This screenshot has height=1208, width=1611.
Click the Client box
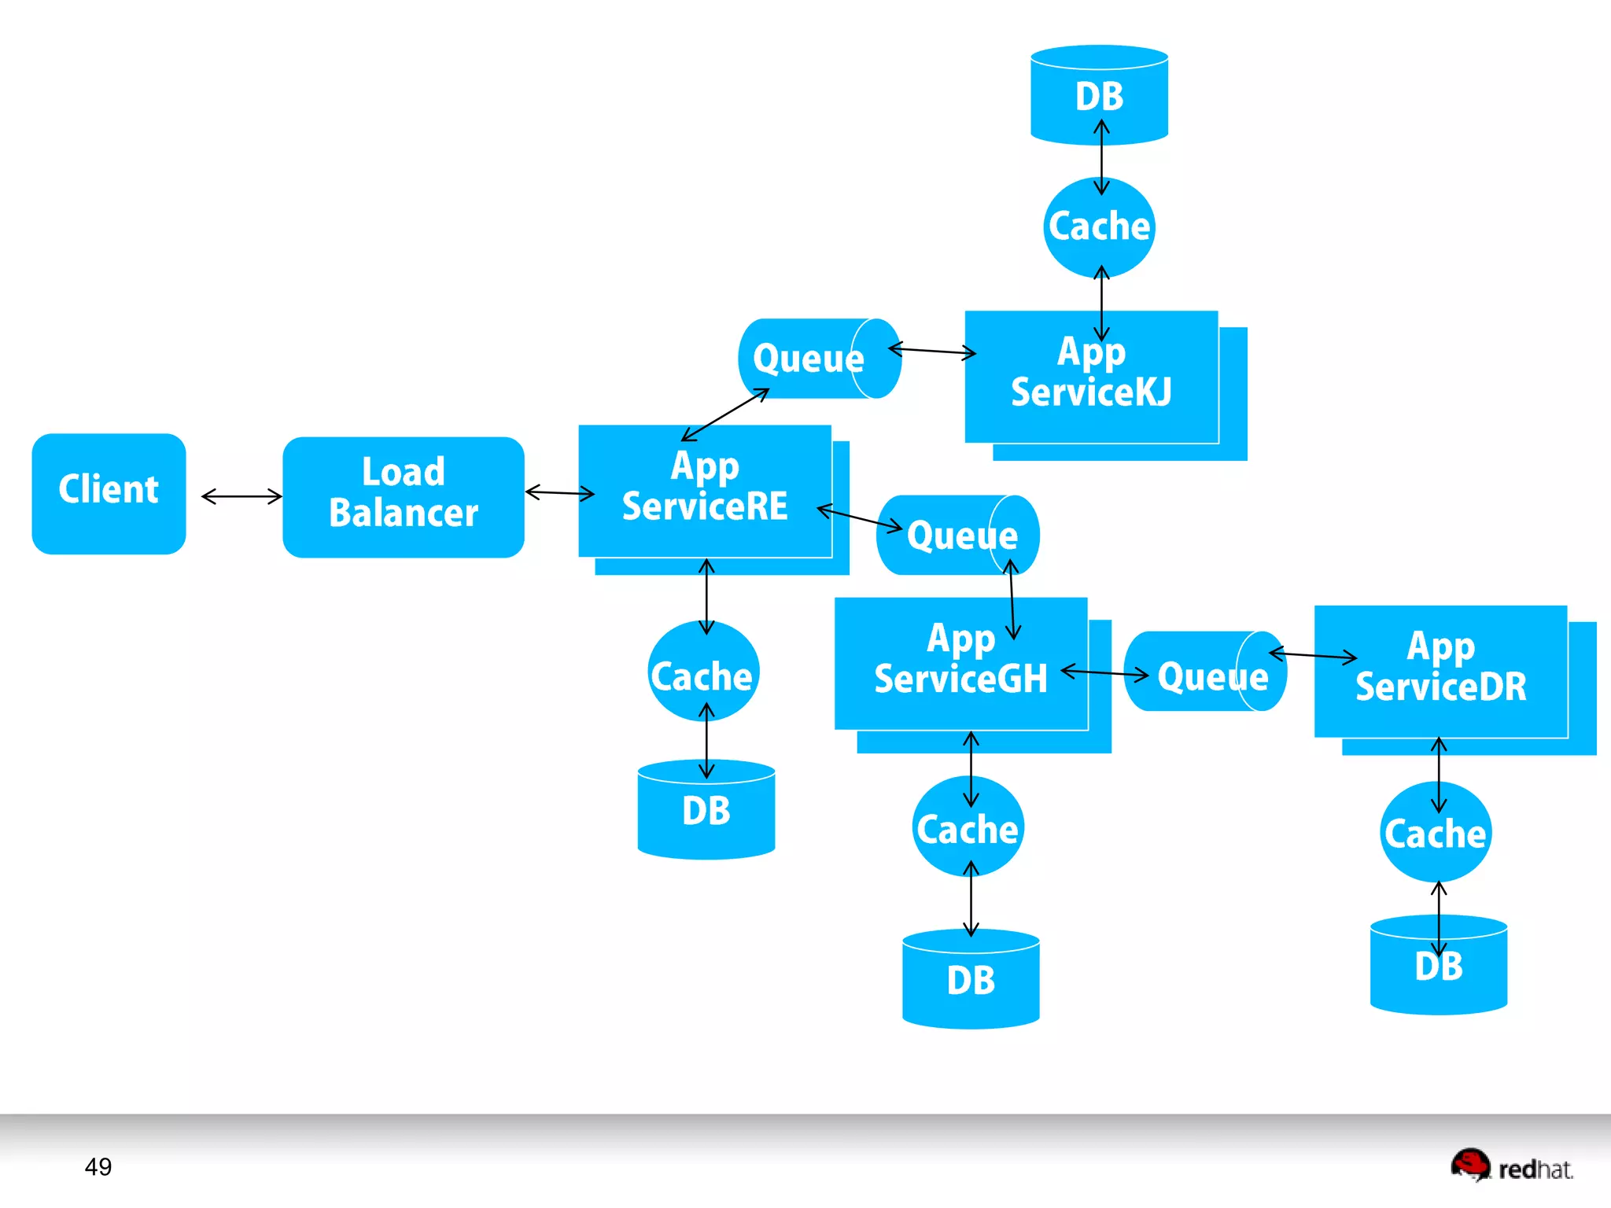tap(109, 493)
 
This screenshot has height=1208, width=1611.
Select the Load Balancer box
tap(403, 496)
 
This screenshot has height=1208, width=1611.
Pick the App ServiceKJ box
tap(1091, 377)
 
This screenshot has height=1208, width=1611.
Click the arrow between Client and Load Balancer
tap(241, 496)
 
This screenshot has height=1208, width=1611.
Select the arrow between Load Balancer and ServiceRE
tap(559, 493)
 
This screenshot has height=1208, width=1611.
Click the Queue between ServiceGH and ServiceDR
tap(1204, 672)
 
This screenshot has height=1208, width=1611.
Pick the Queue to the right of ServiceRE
tap(957, 536)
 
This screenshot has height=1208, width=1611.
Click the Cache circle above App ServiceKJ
tap(1099, 227)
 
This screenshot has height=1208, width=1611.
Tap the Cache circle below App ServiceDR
tap(1436, 833)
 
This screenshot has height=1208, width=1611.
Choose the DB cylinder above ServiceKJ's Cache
tap(1099, 95)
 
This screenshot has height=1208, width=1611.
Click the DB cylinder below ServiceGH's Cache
tap(971, 979)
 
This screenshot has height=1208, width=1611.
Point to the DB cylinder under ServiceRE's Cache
tap(706, 810)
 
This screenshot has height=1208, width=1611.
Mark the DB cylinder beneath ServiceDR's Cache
tap(1438, 966)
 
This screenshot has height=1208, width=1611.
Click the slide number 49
tap(98, 1166)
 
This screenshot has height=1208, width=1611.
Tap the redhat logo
tap(1511, 1166)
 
